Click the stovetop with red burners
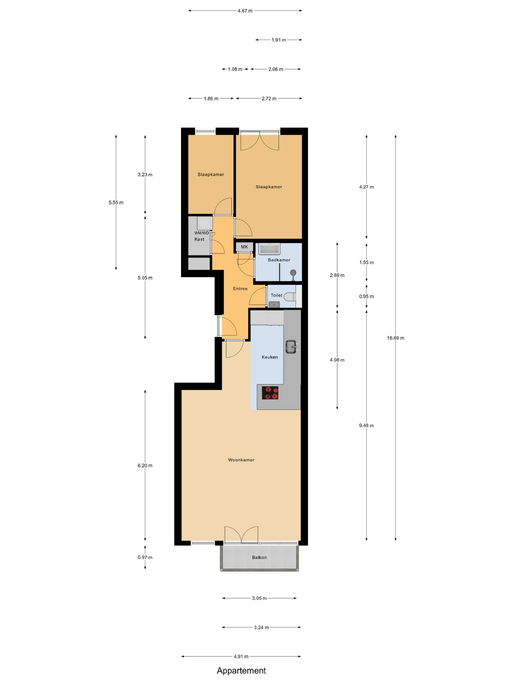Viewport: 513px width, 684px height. pyautogui.click(x=270, y=393)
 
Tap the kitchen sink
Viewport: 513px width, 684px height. pyautogui.click(x=291, y=347)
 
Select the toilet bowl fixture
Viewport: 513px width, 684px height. pyautogui.click(x=290, y=297)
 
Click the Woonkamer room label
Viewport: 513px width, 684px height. pyautogui.click(x=241, y=460)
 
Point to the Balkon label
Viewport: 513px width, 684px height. pyautogui.click(x=259, y=557)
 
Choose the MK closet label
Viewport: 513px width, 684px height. pyautogui.click(x=244, y=247)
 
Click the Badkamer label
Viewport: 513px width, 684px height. pyautogui.click(x=279, y=260)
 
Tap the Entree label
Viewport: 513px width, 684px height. pyautogui.click(x=240, y=289)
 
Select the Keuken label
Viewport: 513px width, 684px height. pyautogui.click(x=270, y=357)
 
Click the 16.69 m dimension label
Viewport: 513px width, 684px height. pyautogui.click(x=395, y=338)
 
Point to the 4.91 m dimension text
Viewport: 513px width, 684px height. pyautogui.click(x=241, y=656)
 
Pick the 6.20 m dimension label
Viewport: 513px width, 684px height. pyautogui.click(x=145, y=465)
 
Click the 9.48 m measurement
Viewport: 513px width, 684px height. pyautogui.click(x=366, y=426)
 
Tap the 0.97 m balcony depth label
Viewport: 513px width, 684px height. pyautogui.click(x=145, y=557)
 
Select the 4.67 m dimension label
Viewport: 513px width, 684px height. pyautogui.click(x=245, y=11)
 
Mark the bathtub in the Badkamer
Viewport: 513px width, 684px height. pyautogui.click(x=269, y=249)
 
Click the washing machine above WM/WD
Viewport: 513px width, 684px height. pyautogui.click(x=205, y=223)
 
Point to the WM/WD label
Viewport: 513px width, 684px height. pyautogui.click(x=202, y=233)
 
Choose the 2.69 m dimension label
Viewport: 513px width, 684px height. pyautogui.click(x=337, y=275)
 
